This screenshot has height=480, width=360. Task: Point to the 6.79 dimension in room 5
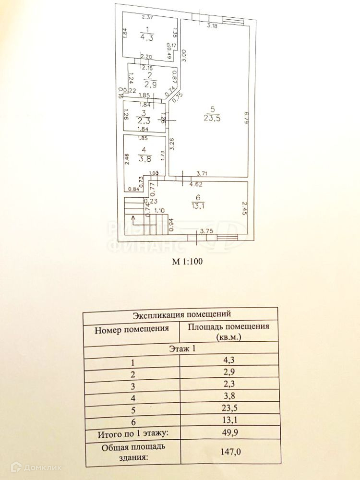point(245,117)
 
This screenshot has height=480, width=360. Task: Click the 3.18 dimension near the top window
point(212,25)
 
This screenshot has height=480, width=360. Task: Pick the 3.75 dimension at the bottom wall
point(206,231)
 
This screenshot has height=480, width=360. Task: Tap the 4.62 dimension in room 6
point(195,184)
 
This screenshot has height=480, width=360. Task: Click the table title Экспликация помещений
point(180,315)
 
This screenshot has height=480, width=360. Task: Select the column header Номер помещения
point(132,329)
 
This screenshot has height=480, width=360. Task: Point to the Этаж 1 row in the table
point(180,349)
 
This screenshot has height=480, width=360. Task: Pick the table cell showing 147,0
point(228,452)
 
